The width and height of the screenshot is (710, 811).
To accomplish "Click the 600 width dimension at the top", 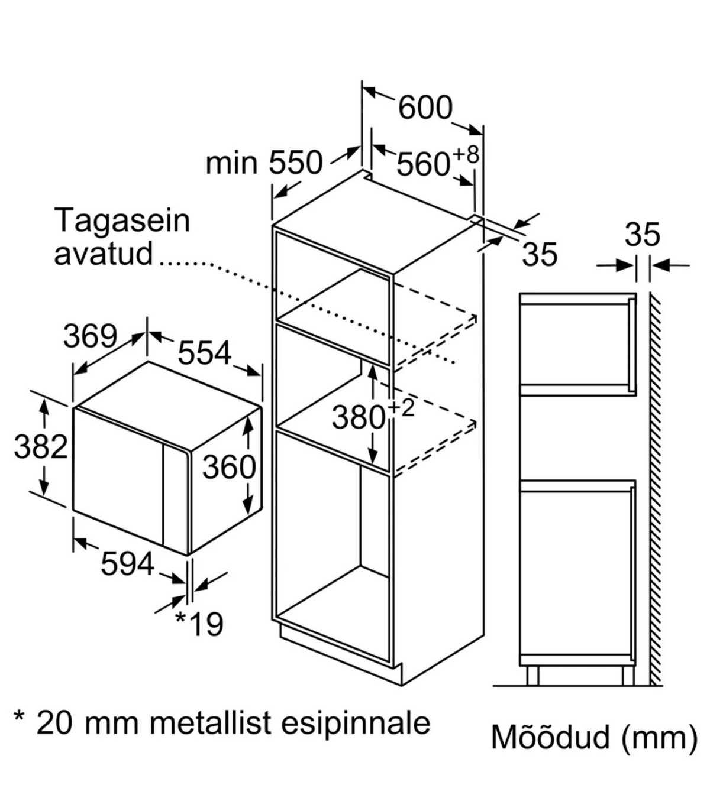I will [x=425, y=108].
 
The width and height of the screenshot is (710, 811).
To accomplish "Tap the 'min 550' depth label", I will [x=264, y=163].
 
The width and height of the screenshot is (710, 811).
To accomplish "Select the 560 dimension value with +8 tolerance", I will [x=422, y=164].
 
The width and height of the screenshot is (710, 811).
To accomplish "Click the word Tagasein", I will [x=122, y=220].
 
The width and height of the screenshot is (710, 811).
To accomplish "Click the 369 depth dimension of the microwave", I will [x=91, y=336].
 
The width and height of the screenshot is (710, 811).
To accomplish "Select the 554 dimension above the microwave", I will [x=205, y=353].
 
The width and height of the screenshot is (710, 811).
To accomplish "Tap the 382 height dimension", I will [x=41, y=446].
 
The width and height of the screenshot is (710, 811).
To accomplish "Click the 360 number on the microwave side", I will [x=229, y=467].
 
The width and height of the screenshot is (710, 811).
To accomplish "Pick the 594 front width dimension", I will [x=127, y=563].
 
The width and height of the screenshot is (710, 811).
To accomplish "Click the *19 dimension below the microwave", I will [x=199, y=624].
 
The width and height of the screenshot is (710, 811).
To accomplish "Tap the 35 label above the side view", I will [x=643, y=235].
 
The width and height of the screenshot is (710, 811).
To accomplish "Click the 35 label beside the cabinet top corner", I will [x=540, y=254].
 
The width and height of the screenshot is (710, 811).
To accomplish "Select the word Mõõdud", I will [x=550, y=738].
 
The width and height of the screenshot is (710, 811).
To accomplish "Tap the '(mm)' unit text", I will [x=660, y=738].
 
